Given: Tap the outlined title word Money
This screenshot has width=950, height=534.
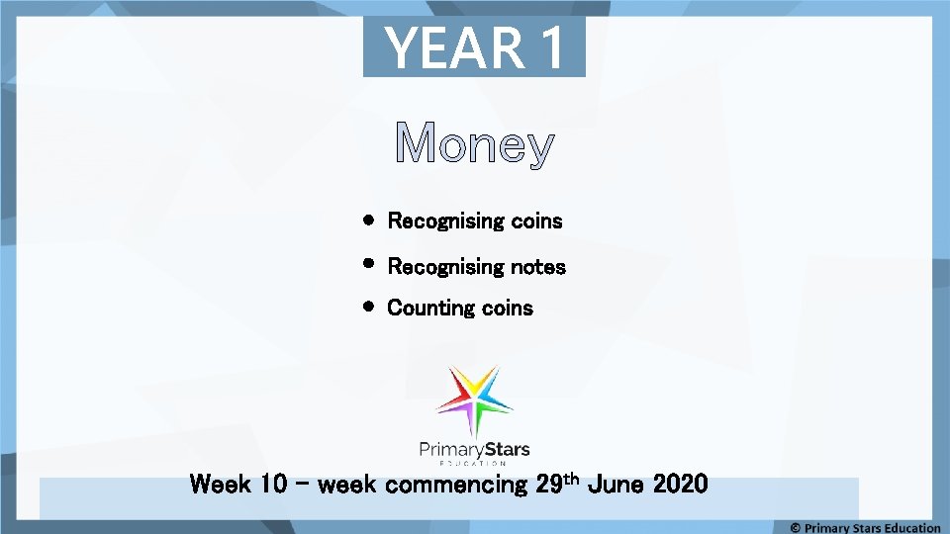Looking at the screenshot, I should (x=474, y=145).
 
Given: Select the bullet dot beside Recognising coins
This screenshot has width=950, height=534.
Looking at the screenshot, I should (x=367, y=221).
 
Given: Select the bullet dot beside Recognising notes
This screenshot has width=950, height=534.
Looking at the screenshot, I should (x=367, y=265).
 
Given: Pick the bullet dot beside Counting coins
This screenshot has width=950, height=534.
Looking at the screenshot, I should (x=367, y=308).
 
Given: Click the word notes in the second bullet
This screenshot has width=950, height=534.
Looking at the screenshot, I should (x=537, y=267).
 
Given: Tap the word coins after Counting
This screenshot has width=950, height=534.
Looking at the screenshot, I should (x=507, y=309).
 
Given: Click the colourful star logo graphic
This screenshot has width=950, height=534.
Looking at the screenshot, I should (x=475, y=400).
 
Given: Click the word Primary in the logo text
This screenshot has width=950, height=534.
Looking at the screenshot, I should (x=452, y=450).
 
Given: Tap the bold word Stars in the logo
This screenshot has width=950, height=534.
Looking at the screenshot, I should (x=508, y=449).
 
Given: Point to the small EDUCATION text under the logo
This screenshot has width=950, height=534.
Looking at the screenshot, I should (x=475, y=464).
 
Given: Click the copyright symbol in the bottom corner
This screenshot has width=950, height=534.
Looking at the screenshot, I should (x=796, y=527).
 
